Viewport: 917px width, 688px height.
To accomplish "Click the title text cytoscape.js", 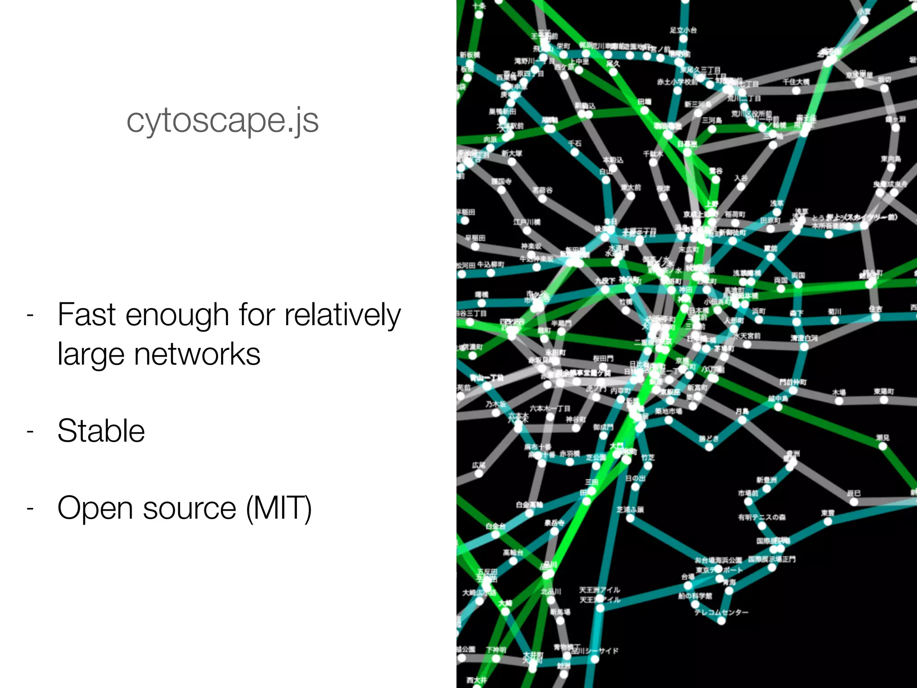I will click(223, 120).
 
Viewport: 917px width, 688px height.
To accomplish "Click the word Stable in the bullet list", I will click(101, 431).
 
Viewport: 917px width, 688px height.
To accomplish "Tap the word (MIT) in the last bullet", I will click(279, 508).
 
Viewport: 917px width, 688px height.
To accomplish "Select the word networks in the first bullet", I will click(197, 354).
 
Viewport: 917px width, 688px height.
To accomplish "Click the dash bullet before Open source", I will click(30, 508).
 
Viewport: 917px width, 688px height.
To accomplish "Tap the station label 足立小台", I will click(683, 30).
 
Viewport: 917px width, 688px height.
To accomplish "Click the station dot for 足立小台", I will click(683, 39).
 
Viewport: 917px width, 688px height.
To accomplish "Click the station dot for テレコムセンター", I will click(721, 621).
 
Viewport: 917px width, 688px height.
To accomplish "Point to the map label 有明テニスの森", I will click(762, 517).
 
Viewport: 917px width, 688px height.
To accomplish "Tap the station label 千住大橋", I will click(796, 82).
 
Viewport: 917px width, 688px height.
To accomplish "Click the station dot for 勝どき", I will click(709, 447).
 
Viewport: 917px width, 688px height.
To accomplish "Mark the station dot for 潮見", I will click(883, 446).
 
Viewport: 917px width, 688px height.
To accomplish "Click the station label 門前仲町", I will click(793, 382).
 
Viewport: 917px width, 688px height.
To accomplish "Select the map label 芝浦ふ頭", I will click(630, 509).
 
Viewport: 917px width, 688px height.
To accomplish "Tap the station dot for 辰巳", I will click(854, 502).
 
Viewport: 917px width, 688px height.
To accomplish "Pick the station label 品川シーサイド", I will click(596, 650).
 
